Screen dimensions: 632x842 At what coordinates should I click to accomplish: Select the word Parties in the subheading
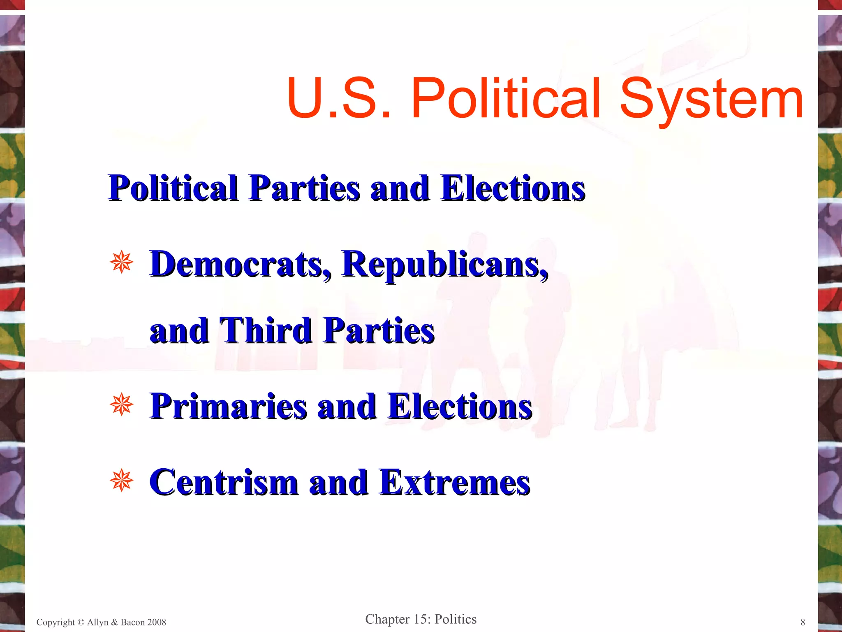(304, 188)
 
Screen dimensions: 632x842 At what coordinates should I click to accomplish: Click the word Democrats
(240, 265)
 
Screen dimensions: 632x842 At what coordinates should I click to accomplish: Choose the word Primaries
(229, 407)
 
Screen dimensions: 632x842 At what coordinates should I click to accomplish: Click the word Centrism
(224, 482)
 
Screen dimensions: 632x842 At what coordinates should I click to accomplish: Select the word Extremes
(455, 482)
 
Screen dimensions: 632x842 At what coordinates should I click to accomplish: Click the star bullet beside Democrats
(122, 262)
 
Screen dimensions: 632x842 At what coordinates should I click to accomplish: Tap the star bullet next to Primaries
(122, 404)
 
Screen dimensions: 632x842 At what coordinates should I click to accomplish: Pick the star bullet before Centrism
(122, 480)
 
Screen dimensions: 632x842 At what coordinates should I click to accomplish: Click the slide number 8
(803, 622)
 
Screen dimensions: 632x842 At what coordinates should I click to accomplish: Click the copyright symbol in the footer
(81, 622)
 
